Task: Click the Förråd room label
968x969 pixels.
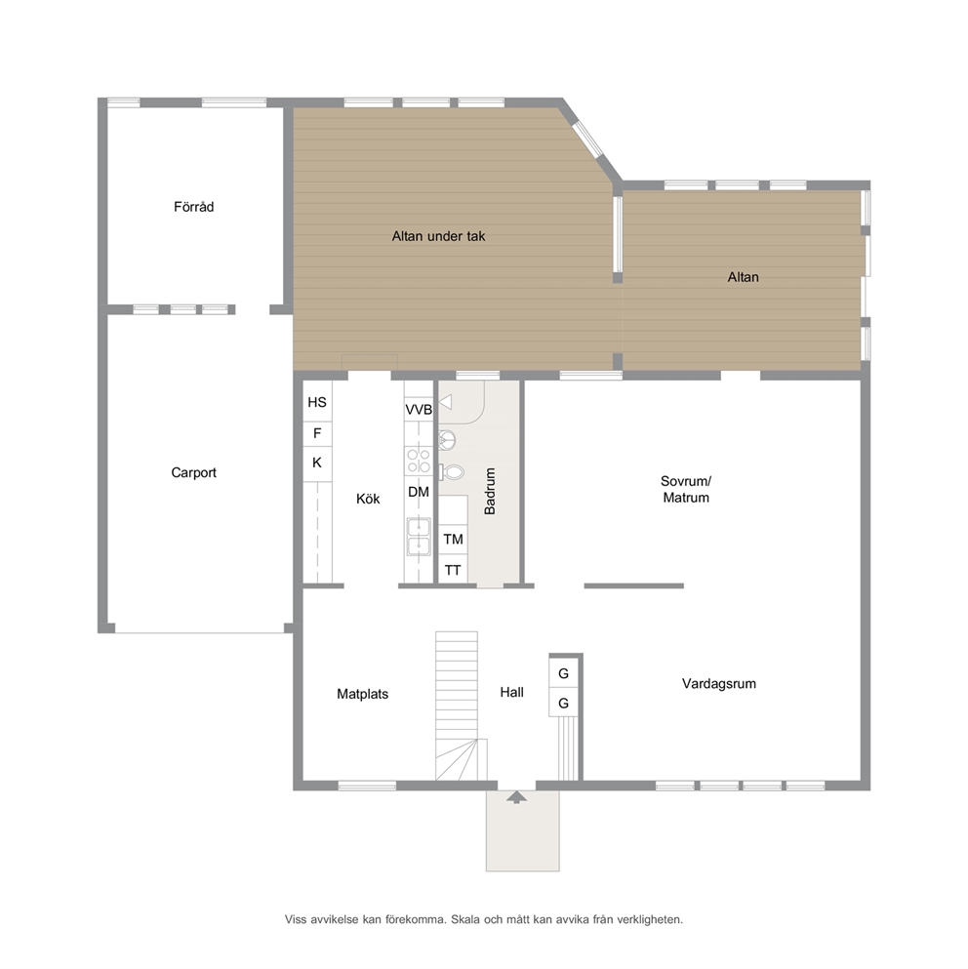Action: pyautogui.click(x=193, y=207)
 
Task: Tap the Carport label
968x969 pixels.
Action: pyautogui.click(x=193, y=472)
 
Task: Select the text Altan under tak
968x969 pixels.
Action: pyautogui.click(x=438, y=236)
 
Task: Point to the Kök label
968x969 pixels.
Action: pyautogui.click(x=368, y=499)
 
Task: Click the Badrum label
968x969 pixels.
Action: pyautogui.click(x=490, y=491)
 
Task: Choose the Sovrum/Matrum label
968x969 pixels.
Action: pyautogui.click(x=686, y=490)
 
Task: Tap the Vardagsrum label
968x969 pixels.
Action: pyautogui.click(x=719, y=683)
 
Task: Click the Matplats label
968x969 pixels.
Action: pyautogui.click(x=362, y=694)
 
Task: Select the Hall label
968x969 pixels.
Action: pyautogui.click(x=512, y=692)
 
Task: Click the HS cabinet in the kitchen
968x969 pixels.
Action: pyautogui.click(x=317, y=402)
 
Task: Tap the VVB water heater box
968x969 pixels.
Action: pyautogui.click(x=419, y=409)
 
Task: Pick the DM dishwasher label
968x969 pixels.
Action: pyautogui.click(x=419, y=492)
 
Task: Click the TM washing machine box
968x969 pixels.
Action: pyautogui.click(x=453, y=539)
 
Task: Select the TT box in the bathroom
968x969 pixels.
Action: pyautogui.click(x=453, y=569)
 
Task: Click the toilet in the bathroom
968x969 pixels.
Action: pyautogui.click(x=452, y=472)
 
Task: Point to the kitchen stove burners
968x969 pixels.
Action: pyautogui.click(x=419, y=461)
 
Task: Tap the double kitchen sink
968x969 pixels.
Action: pyautogui.click(x=419, y=537)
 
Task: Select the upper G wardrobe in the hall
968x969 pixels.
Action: pyautogui.click(x=564, y=672)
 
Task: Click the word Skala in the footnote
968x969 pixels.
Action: pyautogui.click(x=464, y=919)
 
